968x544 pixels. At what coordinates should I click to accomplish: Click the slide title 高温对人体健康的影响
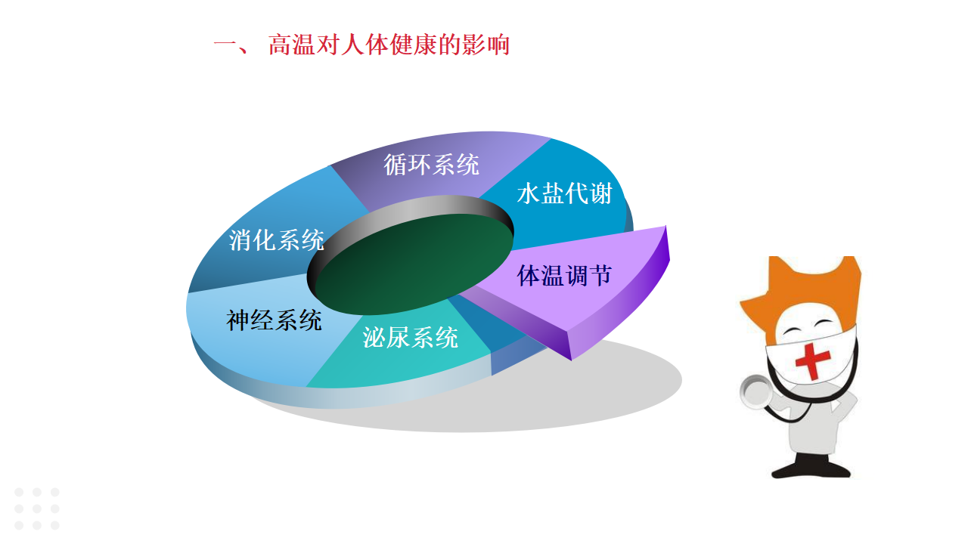point(389,45)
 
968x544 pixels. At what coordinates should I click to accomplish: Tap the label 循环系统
point(431,165)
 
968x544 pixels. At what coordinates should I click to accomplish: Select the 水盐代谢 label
point(564,193)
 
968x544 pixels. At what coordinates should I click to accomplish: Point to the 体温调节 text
point(564,276)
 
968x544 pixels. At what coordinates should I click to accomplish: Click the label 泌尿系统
point(410,337)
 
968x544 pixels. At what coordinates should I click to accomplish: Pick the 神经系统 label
point(274,320)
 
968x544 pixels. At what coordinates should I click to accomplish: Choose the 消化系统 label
point(276,240)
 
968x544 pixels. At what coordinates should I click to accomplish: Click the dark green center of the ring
point(414,264)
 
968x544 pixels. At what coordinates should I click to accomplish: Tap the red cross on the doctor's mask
point(812,361)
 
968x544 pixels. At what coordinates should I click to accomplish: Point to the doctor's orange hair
point(799,289)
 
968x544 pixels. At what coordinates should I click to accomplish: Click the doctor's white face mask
point(810,357)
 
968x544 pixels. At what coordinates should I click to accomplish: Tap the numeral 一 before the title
point(224,45)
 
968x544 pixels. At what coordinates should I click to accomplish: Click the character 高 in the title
point(280,45)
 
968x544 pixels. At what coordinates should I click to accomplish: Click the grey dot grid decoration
point(37,508)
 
